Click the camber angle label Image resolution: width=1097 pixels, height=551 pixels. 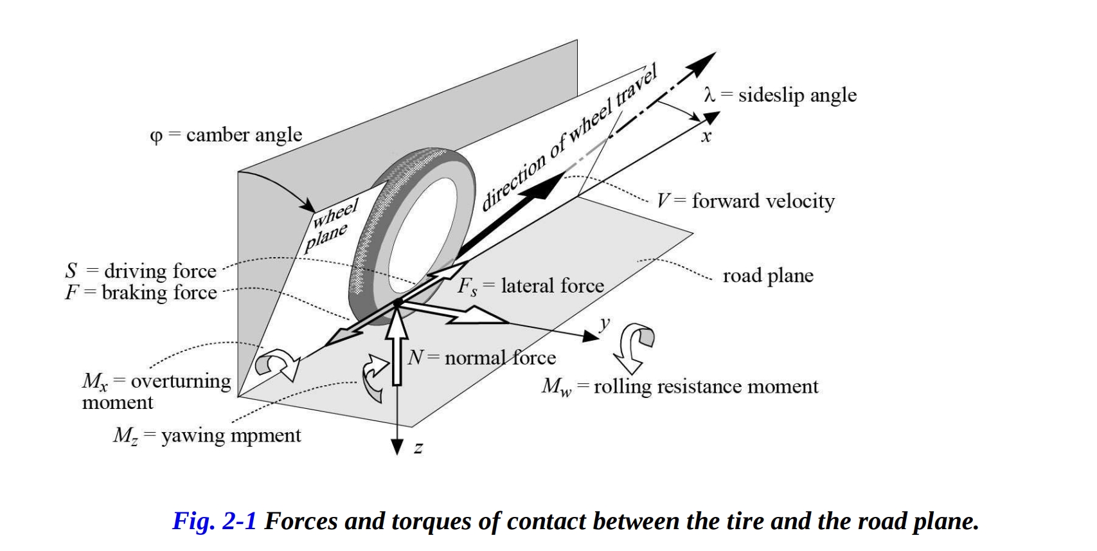point(226,135)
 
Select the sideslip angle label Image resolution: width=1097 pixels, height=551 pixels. point(780,95)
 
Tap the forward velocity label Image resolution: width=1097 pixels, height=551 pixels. point(745,201)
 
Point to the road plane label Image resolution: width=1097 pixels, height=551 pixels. point(768,276)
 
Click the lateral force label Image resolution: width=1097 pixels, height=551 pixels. point(531,285)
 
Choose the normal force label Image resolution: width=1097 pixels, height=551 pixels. point(482,357)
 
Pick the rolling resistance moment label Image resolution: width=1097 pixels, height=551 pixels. point(680,386)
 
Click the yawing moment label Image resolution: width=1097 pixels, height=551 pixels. point(207,435)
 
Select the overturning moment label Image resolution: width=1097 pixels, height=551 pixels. point(156,391)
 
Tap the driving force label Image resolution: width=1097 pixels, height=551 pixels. point(141,271)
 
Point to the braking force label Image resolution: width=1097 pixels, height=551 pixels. point(141,293)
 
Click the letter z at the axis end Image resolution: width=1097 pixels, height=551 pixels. point(418,448)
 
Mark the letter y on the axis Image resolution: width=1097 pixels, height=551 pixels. point(604,323)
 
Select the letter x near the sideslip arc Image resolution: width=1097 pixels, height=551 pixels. point(706,136)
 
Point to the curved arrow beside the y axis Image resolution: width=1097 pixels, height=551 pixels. point(634,347)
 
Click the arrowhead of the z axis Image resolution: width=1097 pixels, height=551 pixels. point(397,447)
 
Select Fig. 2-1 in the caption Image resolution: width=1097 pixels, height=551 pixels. point(214,521)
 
